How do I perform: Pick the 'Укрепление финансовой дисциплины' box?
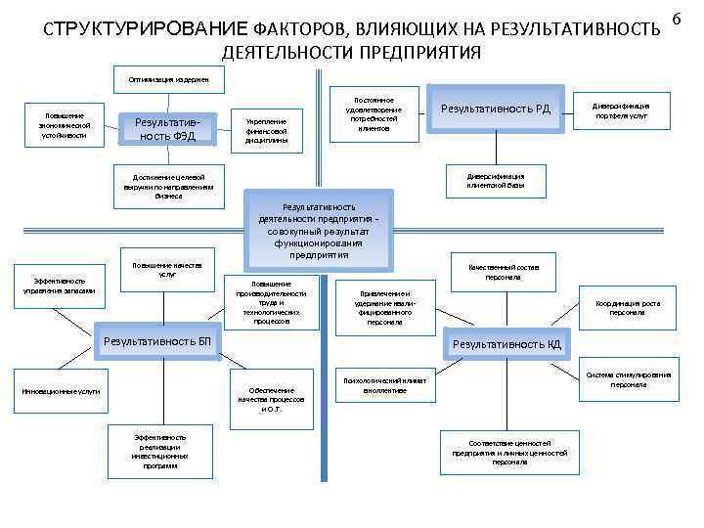tap(266, 128)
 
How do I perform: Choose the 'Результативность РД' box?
tap(497, 108)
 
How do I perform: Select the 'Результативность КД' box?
tap(506, 343)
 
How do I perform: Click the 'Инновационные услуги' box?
tap(62, 393)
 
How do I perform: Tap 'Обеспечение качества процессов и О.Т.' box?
tap(271, 399)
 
